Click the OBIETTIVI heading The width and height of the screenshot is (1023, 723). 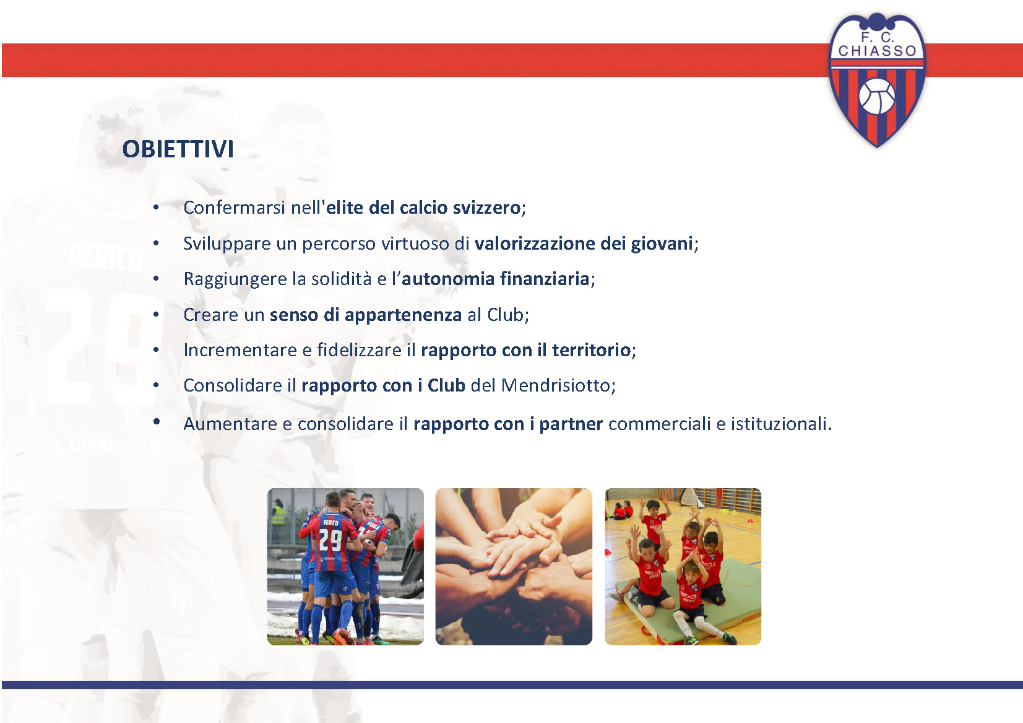tap(178, 149)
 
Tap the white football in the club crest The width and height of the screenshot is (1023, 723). tap(877, 96)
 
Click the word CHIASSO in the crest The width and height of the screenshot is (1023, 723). tap(878, 51)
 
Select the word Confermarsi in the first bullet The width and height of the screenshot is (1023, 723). tap(235, 208)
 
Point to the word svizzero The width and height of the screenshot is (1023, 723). tap(487, 208)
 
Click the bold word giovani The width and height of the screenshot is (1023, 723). tap(662, 243)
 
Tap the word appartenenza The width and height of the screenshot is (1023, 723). tap(404, 315)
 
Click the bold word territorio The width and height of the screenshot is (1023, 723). tap(592, 350)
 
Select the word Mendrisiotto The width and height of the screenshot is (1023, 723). tap(556, 385)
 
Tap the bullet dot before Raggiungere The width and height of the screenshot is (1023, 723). tap(156, 279)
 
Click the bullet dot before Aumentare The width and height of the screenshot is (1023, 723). tap(156, 422)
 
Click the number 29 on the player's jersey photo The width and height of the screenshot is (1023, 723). tap(330, 540)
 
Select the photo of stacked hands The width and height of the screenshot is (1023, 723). tap(514, 567)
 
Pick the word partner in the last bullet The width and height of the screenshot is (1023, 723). tap(571, 424)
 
